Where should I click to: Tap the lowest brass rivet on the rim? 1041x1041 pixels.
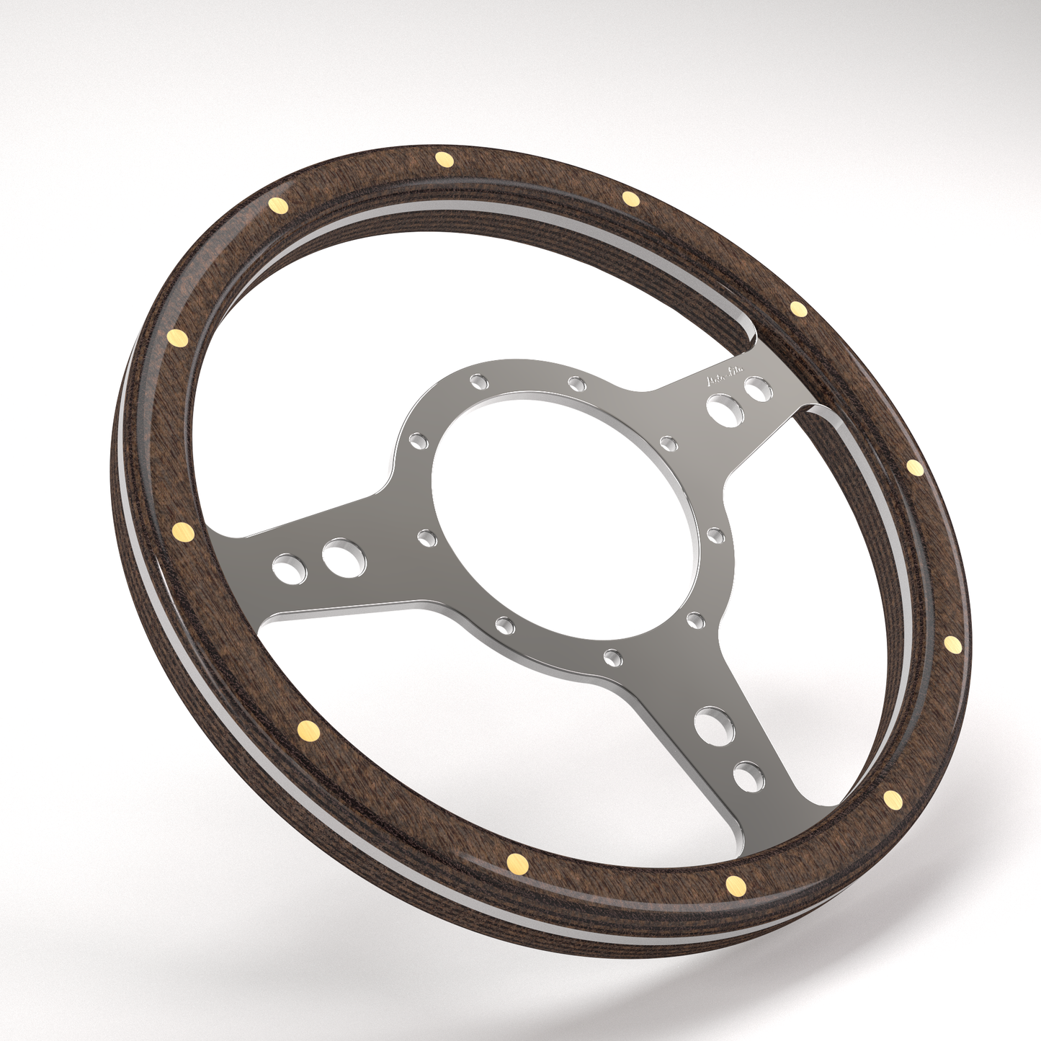point(736,885)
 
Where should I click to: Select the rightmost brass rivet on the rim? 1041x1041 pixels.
point(952,643)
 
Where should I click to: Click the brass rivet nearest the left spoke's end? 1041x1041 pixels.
point(184,532)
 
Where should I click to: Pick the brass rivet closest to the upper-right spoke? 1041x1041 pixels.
point(797,309)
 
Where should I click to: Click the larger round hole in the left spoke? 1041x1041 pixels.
point(344,558)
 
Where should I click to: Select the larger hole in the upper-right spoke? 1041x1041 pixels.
point(721,408)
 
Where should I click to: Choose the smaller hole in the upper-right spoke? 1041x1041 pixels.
point(757,391)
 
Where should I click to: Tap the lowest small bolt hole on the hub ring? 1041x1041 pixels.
point(612,656)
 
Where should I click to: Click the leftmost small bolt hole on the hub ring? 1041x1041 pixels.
point(418,439)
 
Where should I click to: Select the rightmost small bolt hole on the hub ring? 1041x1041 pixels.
point(715,534)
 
